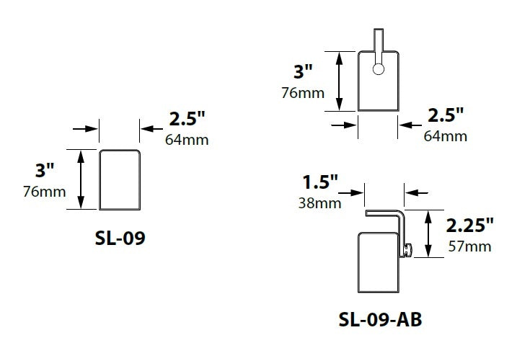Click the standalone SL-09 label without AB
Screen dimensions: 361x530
(120, 239)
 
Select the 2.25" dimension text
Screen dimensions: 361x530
(469, 223)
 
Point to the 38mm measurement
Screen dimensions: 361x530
(319, 202)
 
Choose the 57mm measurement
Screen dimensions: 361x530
(469, 246)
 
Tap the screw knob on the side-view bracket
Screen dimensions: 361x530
(407, 251)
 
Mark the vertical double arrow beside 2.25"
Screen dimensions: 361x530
(430, 233)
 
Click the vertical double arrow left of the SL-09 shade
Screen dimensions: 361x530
(81, 179)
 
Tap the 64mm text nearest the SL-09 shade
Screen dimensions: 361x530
(187, 139)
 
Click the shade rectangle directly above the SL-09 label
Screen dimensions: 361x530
(119, 179)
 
